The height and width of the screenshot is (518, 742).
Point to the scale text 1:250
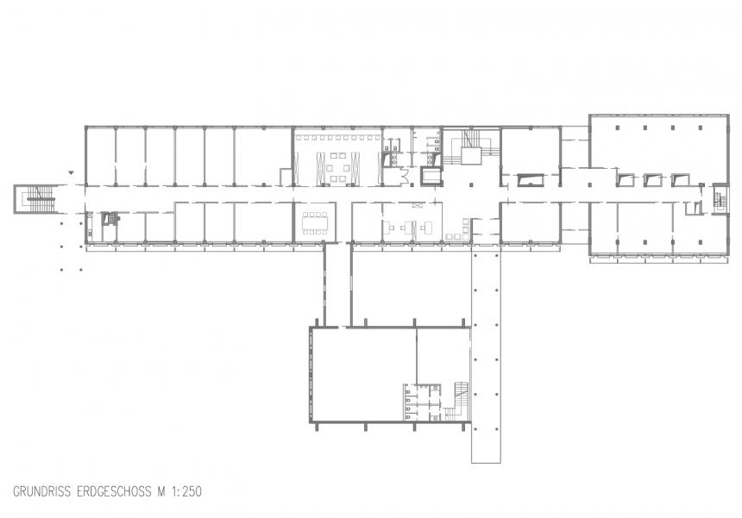pos(185,492)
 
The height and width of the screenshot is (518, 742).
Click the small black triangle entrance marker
pos(72,173)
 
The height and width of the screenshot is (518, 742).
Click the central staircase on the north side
pos(470,149)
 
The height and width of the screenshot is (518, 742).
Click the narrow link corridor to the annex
pos(337,284)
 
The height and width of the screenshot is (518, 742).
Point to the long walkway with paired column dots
pos(486,353)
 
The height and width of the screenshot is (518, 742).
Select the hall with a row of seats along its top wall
pos(336,156)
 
